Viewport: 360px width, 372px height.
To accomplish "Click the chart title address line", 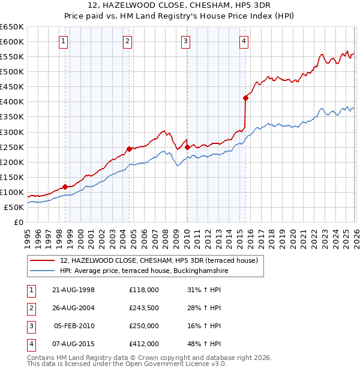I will (180, 5).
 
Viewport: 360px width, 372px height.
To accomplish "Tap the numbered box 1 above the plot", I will (64, 41).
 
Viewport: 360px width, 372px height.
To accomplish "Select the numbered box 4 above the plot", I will (244, 41).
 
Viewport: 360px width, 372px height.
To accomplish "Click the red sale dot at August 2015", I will (245, 98).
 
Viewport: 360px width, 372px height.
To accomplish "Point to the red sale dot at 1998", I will (65, 187).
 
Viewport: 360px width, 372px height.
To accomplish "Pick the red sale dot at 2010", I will (187, 147).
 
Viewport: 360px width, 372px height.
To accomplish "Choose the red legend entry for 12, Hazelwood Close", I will (158, 260).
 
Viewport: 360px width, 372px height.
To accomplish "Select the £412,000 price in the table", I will (144, 344).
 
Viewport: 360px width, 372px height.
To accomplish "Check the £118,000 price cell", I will (144, 290).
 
